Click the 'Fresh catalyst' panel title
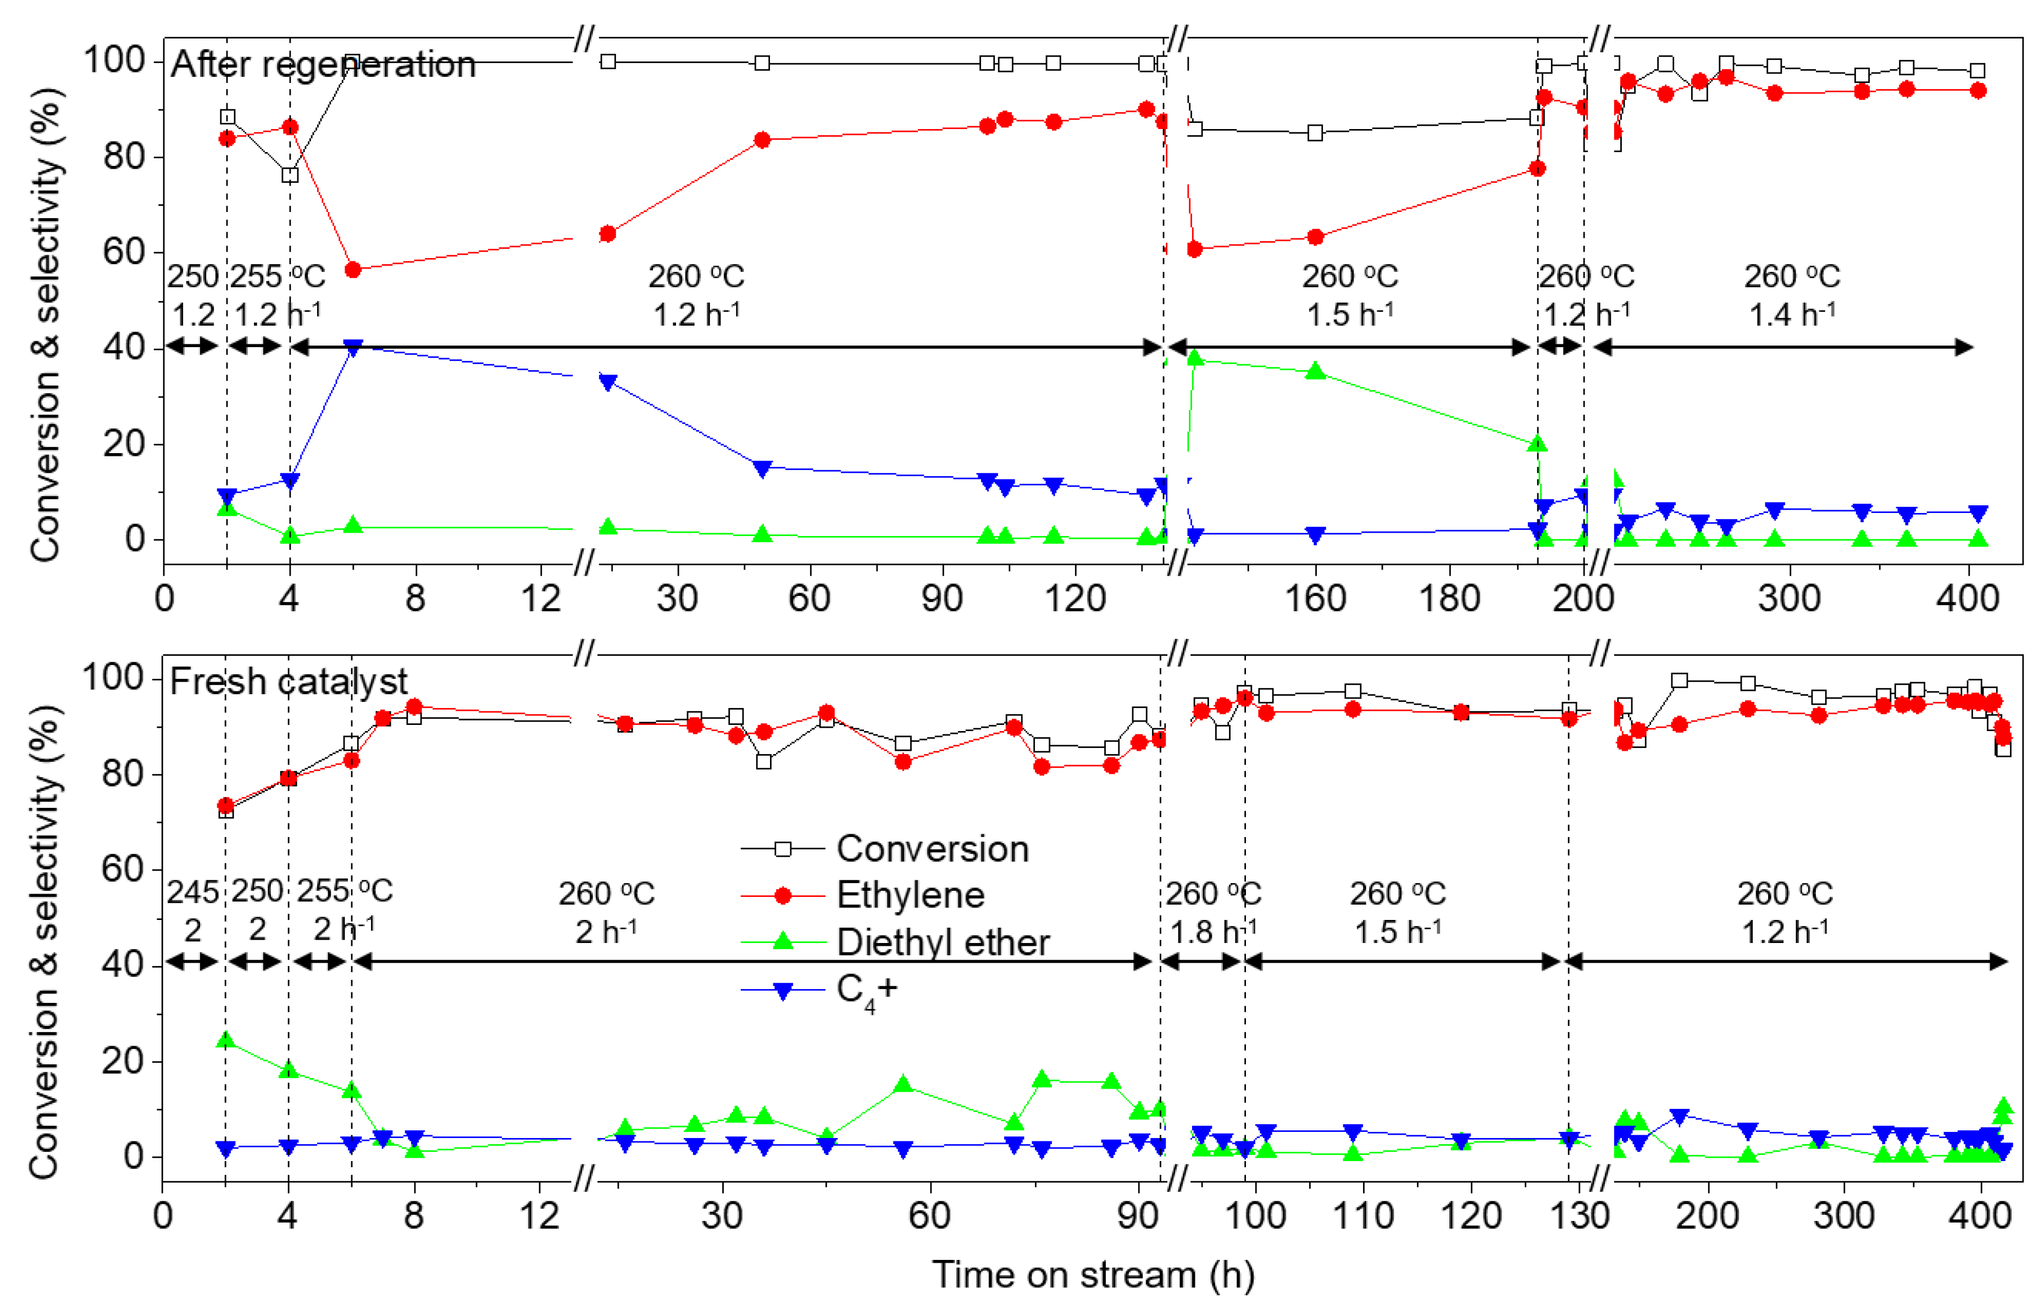[288, 682]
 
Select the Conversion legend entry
[932, 849]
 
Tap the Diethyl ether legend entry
[942, 942]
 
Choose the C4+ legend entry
[865, 990]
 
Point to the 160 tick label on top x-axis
[1314, 599]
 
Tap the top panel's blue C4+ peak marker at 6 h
[353, 347]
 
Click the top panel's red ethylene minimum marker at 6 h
[353, 270]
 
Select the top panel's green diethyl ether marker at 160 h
[1316, 371]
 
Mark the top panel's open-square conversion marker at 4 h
[290, 175]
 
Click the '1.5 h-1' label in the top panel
[1350, 315]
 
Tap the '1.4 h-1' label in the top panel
[1791, 315]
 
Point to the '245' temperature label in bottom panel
[192, 893]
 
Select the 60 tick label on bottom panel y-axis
[124, 869]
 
